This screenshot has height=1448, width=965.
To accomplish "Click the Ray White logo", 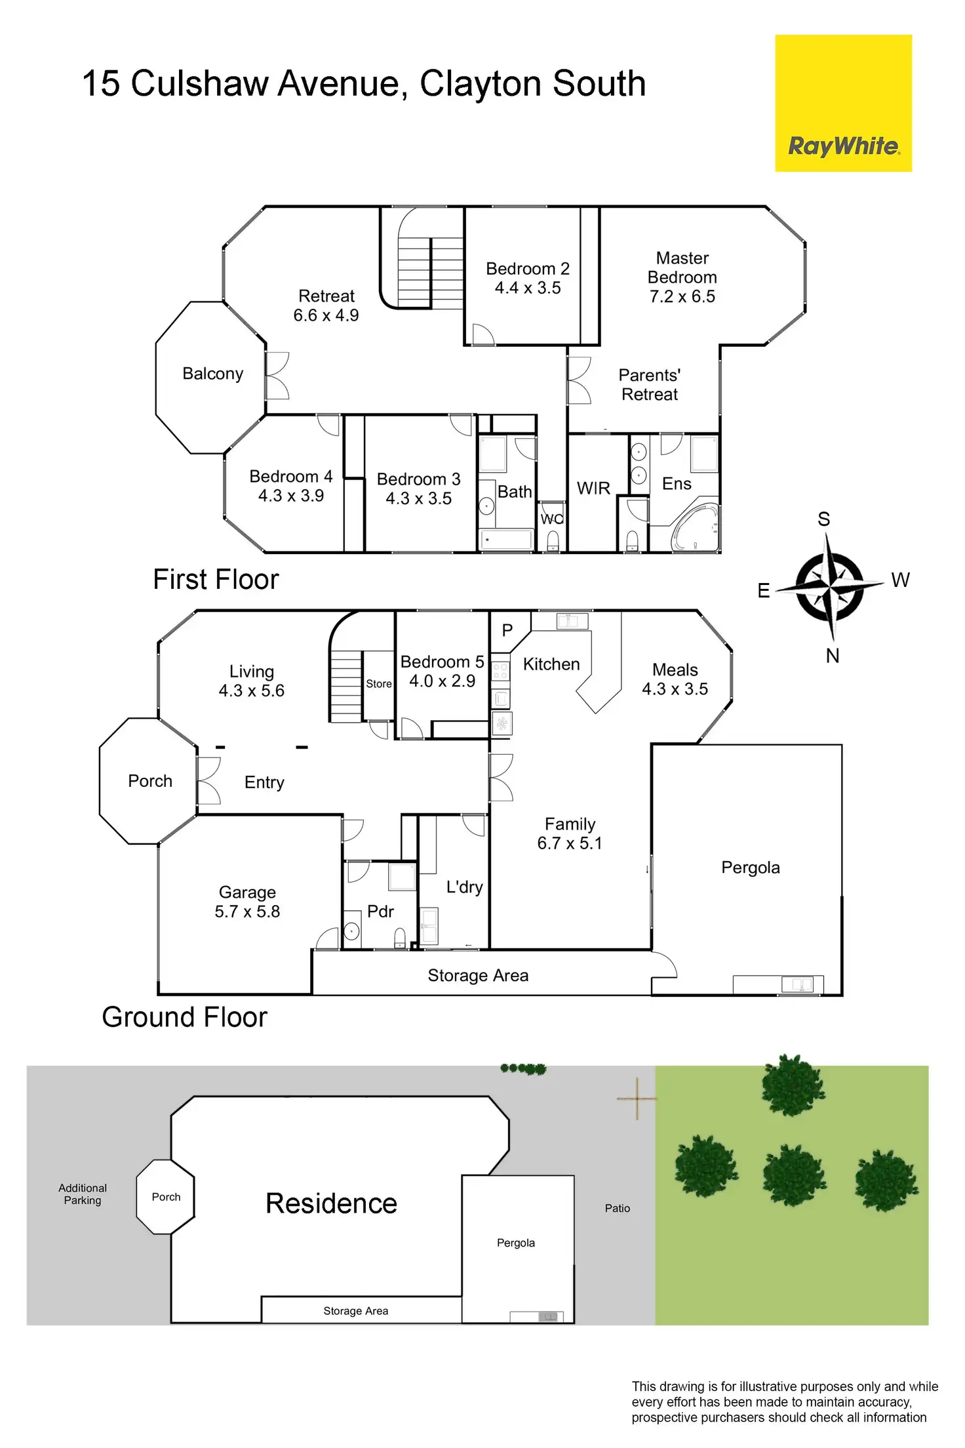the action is (843, 104).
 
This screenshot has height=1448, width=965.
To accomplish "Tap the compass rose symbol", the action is (829, 586).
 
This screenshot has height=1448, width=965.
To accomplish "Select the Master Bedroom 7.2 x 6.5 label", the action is (682, 277).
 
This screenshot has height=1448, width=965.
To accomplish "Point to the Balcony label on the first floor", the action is (212, 374).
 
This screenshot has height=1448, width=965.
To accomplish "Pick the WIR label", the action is (593, 489).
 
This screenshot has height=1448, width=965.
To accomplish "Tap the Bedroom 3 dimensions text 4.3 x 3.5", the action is (418, 499).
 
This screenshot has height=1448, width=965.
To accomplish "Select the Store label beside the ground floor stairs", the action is (379, 684).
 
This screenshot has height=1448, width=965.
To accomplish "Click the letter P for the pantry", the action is (507, 631).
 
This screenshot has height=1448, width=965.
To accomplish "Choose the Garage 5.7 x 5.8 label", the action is (247, 902).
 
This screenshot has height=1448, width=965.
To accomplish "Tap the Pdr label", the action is (380, 912).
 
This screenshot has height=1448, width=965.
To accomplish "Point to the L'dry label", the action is (464, 887).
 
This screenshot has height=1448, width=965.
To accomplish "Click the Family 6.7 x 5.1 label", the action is (570, 834).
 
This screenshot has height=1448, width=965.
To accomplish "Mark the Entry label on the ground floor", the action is (264, 782).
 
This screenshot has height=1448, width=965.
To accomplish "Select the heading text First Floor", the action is (216, 580).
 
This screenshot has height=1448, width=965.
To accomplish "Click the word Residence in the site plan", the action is (331, 1203).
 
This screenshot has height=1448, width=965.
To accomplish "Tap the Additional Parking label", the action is (83, 1194).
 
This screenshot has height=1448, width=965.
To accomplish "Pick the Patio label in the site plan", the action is (617, 1208).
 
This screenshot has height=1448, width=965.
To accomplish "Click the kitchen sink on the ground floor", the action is (572, 621).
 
